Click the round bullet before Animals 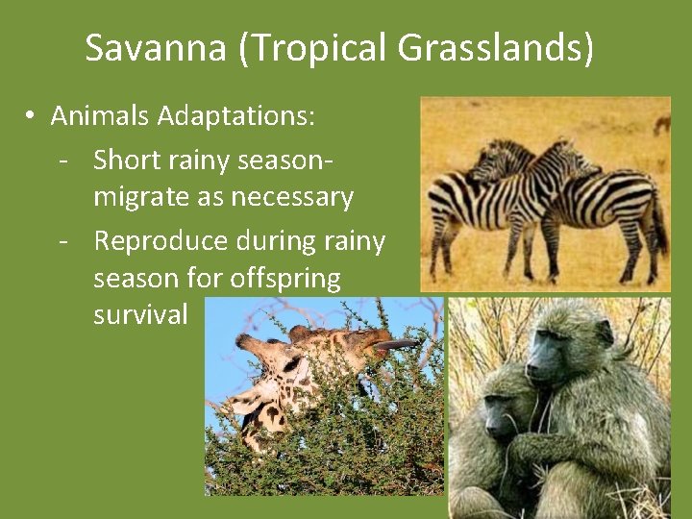point(31,116)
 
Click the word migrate point(141,198)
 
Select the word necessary point(293,198)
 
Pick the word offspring point(284,279)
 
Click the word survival point(141,315)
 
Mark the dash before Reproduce point(63,239)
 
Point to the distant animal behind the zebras point(661,124)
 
